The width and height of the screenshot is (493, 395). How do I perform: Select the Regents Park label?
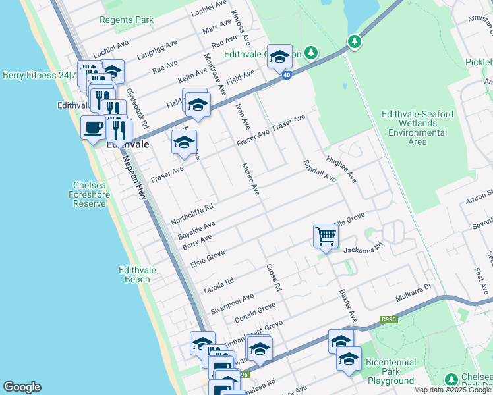(127, 20)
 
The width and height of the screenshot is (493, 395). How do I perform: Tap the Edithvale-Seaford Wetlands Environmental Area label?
(417, 128)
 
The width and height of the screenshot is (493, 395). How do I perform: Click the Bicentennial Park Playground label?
(391, 371)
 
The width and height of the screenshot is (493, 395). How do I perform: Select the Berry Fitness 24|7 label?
(39, 76)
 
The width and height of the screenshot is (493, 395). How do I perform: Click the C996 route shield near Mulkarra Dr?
(388, 320)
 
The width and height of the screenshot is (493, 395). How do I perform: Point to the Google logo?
(22, 387)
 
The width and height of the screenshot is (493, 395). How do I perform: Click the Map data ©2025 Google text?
(452, 390)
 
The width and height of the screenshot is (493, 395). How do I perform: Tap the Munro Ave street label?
(251, 179)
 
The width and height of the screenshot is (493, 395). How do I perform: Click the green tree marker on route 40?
(355, 42)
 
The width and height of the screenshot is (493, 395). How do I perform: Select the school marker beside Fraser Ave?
(185, 142)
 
